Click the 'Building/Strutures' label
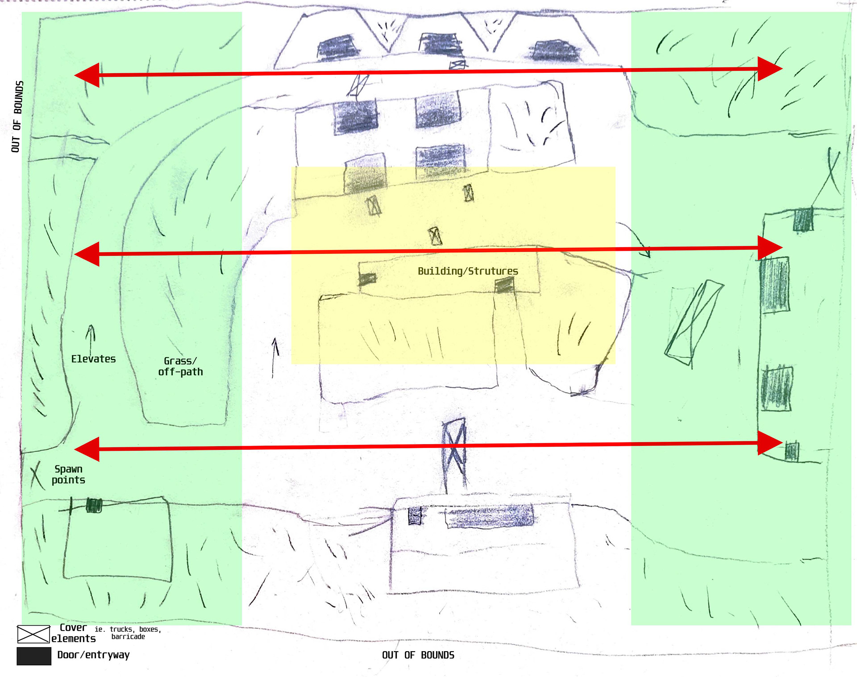pos(468,271)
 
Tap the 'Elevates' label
pos(93,359)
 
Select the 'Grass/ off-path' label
pos(180,366)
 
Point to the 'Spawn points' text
pos(68,474)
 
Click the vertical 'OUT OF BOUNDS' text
pos(17,116)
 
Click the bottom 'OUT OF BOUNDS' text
pos(418,655)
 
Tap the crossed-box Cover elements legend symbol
pos(33,634)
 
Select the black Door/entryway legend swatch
pos(34,656)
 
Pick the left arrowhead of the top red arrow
pos(87,75)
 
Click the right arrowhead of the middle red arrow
pos(770,248)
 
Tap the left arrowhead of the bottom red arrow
pos(87,449)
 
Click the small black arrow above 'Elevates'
pos(91,339)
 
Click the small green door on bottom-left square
pos(94,505)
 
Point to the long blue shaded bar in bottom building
pos(490,517)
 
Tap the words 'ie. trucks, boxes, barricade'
pos(128,633)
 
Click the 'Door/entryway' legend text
pos(93,655)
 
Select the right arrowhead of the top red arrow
pos(770,69)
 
